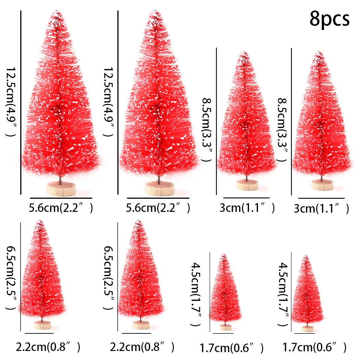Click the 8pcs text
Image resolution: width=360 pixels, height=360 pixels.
tap(329, 19)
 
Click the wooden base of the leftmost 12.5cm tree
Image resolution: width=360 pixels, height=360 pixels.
tap(61, 189)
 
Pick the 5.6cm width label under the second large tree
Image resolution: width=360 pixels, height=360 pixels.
tap(158, 207)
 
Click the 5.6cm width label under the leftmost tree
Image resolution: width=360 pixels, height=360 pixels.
tap(60, 207)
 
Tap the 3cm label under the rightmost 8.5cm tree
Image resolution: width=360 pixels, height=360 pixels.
tap(321, 208)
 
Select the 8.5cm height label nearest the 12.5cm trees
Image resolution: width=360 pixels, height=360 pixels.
tap(207, 129)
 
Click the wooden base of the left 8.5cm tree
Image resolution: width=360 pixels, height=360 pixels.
tap(247, 185)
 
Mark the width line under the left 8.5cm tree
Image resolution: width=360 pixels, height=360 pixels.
tap(246, 198)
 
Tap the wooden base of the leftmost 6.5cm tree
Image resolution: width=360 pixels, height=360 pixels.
tap(42, 325)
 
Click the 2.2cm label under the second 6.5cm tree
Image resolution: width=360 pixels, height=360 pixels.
tap(142, 347)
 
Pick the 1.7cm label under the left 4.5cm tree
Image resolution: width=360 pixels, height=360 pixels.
tap(231, 348)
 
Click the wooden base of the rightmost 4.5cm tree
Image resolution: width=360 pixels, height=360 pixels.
tap(307, 328)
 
